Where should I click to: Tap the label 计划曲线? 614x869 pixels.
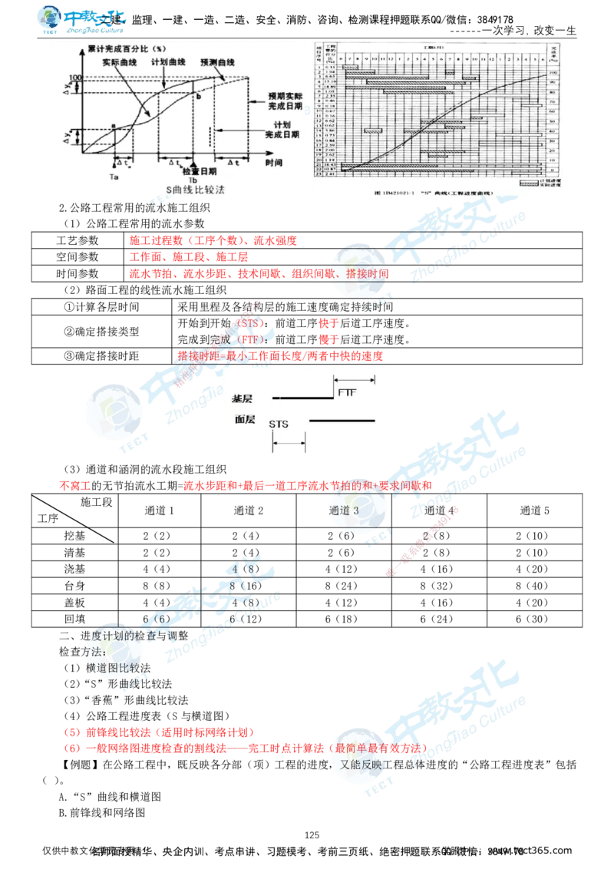click(166, 61)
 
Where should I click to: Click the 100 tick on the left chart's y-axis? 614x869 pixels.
click(74, 78)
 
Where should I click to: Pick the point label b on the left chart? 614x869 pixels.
click(197, 97)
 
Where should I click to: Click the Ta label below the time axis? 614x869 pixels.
click(114, 177)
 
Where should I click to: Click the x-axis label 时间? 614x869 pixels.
click(274, 163)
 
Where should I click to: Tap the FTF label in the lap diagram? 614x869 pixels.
click(347, 392)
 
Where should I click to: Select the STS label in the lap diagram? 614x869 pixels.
click(279, 424)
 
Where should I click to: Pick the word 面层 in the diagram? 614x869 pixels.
click(245, 420)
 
